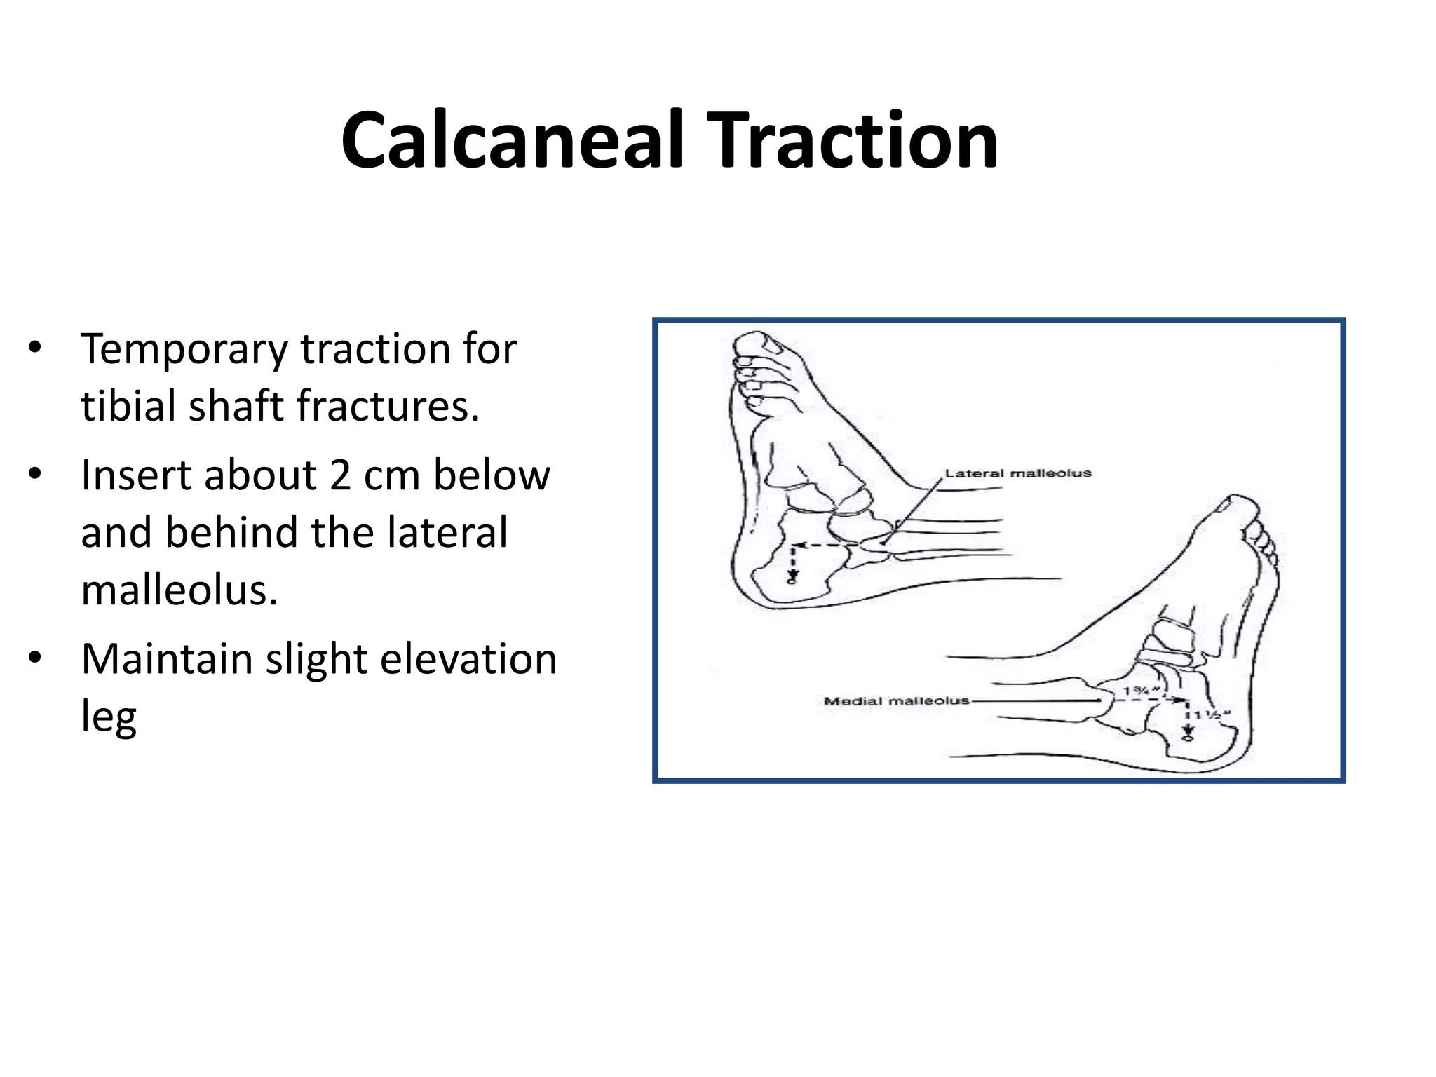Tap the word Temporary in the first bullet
184,350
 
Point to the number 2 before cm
340,476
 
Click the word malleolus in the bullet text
179,590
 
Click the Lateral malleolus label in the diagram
1017,474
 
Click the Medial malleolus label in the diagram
896,700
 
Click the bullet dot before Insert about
35,475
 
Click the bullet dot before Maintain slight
35,658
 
